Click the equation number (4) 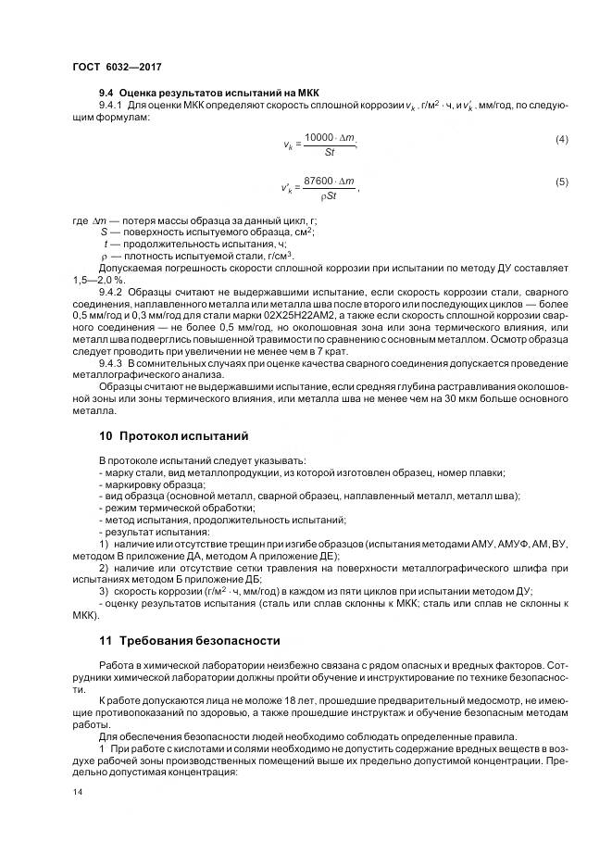(561, 139)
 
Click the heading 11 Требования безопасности (190, 640)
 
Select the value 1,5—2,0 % (103, 280)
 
